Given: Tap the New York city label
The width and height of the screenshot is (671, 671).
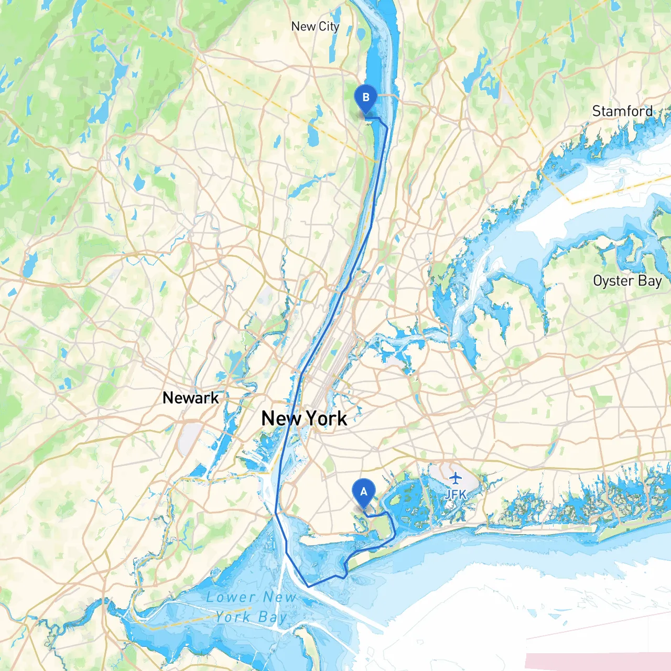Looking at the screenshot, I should coord(304,418).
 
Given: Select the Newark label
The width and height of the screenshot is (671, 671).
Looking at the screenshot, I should coord(191,397).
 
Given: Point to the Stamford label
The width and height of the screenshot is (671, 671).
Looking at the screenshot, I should coord(622,111).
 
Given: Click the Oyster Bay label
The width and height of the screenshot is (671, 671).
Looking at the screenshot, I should coord(627,281).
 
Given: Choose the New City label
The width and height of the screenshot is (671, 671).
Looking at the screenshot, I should coord(315,26).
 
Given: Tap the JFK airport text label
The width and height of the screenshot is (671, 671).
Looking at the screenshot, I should coord(455,494).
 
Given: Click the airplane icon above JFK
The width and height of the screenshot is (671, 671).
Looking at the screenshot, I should coord(455,478).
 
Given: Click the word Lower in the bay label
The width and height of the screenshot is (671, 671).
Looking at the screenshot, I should coord(231,597).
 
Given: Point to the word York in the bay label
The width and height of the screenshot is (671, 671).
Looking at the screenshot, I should coord(233,617).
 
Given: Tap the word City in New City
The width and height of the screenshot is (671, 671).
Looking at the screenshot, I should coord(329,26).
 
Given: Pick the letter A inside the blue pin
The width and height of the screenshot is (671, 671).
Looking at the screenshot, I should coord(363,492).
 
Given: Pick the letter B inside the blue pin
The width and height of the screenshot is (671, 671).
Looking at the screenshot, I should coord(365,97).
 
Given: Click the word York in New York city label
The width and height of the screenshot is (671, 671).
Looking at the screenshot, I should coord(326,418).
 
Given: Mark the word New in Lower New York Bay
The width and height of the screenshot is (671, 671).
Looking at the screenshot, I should coord(280,597).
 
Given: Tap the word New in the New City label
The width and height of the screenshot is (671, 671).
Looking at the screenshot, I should coord(303,26).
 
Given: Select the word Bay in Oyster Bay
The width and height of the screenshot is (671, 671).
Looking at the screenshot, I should coord(650,281).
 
